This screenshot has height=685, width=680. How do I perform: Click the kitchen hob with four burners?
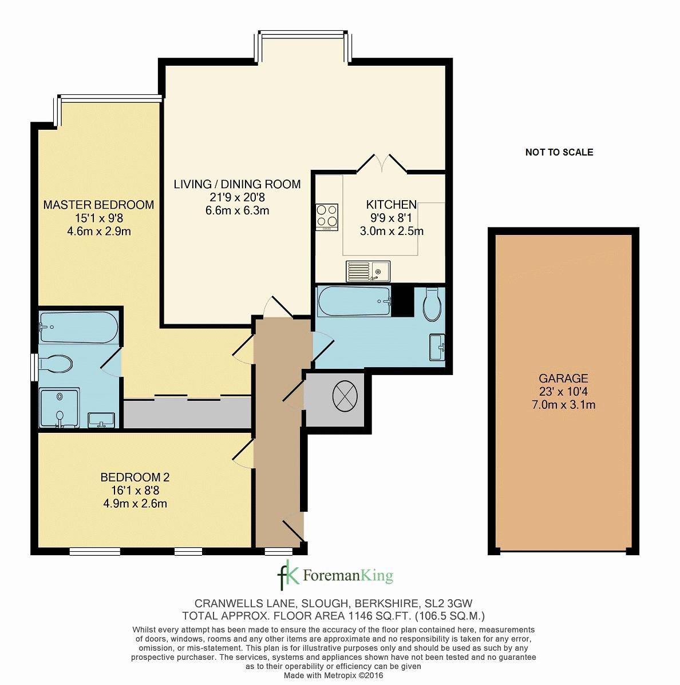pos(327,217)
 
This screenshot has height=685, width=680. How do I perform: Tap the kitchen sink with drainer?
pos(368,271)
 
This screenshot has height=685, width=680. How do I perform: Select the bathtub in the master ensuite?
pos(78,326)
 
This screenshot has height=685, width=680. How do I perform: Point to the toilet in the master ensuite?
pos(56,364)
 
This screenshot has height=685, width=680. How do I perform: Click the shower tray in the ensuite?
pos(60,408)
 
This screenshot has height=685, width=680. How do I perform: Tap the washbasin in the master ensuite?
pos(101,420)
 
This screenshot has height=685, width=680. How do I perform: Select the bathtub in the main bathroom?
pos(355,301)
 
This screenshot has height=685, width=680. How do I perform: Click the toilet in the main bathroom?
pos(432,304)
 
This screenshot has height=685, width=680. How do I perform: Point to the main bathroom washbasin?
pos(437,347)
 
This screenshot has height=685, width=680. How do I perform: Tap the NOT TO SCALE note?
pos(559,153)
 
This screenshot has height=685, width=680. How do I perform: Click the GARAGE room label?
pos(563,379)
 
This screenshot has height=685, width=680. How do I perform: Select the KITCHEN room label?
pos(392,205)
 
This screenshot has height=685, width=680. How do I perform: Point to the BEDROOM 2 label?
pos(135,477)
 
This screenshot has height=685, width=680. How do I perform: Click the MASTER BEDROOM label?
pos(99,205)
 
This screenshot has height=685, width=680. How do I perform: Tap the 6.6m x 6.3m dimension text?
pos(238,210)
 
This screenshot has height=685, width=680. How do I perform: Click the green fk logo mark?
pos(288,575)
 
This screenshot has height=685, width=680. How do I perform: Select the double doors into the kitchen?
pos(382,162)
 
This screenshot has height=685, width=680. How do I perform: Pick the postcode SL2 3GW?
pos(449,604)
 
